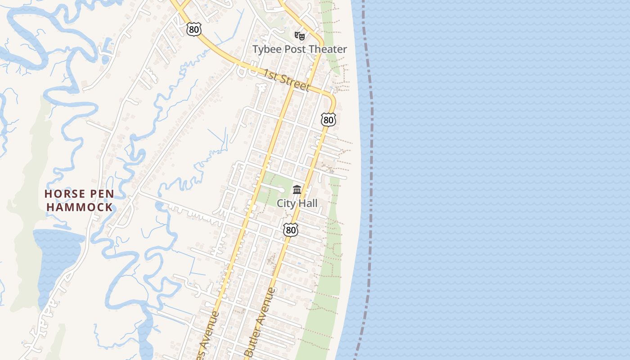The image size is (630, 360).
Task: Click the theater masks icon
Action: pyautogui.click(x=300, y=36)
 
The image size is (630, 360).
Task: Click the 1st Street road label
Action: pyautogui.click(x=287, y=80)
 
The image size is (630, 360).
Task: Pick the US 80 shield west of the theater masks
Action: pyautogui.click(x=193, y=30)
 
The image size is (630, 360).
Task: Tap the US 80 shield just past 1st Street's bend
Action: pyautogui.click(x=328, y=120)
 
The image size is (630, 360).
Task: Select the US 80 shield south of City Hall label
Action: pyautogui.click(x=291, y=230)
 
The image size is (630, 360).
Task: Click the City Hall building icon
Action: pyautogui.click(x=297, y=189)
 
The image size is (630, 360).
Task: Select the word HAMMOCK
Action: pyautogui.click(x=80, y=207)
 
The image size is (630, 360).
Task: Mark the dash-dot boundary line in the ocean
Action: pyautogui.click(x=371, y=180)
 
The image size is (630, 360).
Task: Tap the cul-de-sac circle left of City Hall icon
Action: pyautogui.click(x=281, y=190)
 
